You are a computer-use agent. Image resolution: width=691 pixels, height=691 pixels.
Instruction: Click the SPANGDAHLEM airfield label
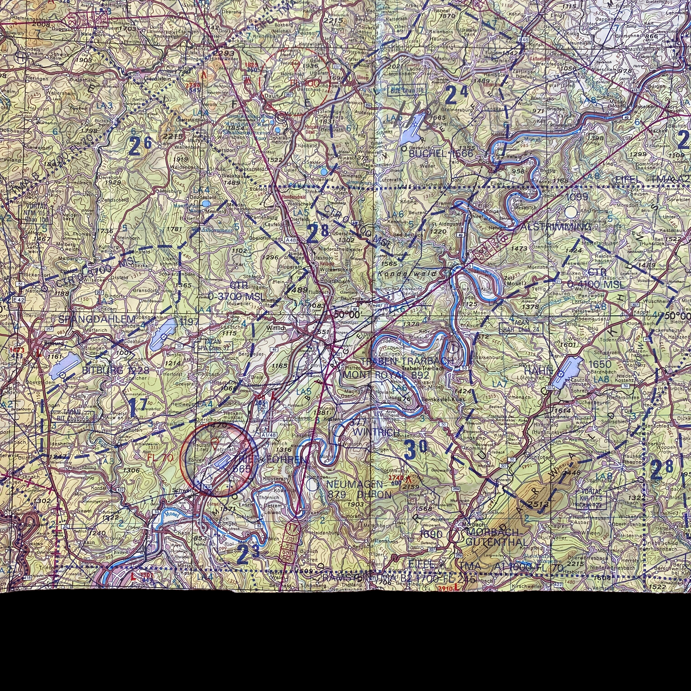[x=97, y=319]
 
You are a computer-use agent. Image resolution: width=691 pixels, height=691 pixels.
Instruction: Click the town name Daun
[x=271, y=96]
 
